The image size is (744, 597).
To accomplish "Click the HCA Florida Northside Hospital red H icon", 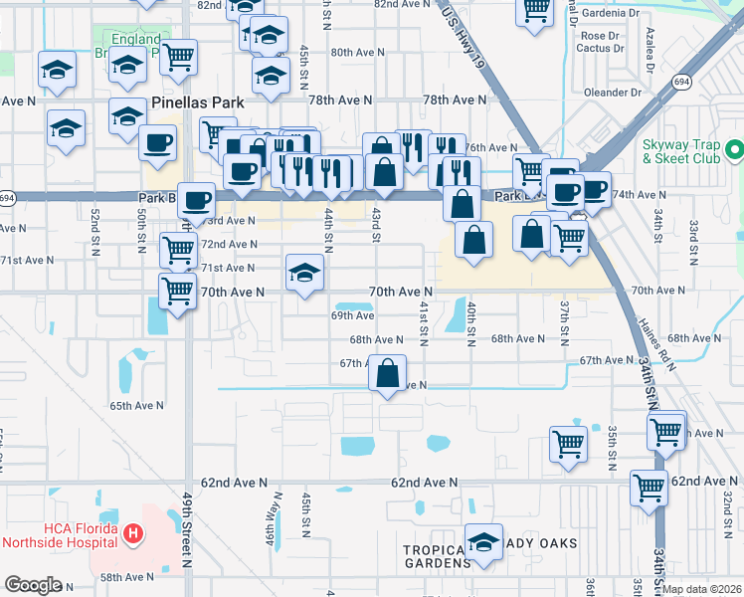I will click(x=133, y=535).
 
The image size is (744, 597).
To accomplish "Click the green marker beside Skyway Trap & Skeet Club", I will click(x=734, y=151).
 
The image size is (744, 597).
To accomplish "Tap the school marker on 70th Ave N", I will click(x=304, y=273).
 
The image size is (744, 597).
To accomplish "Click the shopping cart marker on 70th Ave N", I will click(x=177, y=292).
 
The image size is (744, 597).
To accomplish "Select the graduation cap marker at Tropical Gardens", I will click(x=483, y=542).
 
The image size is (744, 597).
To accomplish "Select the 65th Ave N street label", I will click(x=136, y=406).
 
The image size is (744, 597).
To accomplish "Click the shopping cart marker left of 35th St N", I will click(x=568, y=444).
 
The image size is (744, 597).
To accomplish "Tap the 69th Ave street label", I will click(x=352, y=315).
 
